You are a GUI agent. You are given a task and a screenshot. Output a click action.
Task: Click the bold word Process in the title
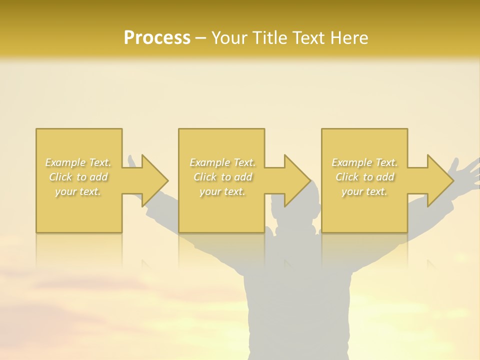[157, 37]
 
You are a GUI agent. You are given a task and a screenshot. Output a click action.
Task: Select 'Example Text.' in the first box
[78, 162]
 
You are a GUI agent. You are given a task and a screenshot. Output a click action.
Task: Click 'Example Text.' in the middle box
[222, 162]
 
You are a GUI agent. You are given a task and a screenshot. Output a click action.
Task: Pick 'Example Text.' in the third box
[364, 162]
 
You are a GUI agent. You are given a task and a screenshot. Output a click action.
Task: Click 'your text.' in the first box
[78, 191]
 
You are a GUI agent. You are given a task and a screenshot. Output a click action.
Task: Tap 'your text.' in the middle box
[222, 191]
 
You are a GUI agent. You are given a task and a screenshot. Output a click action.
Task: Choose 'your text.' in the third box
[364, 191]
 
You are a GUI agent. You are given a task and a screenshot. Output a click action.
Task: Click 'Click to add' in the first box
[78, 177]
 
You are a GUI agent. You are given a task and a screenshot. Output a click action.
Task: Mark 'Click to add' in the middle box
[222, 177]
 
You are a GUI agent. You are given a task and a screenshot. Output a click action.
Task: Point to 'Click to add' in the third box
[364, 177]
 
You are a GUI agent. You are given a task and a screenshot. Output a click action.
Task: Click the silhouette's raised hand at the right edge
[465, 172]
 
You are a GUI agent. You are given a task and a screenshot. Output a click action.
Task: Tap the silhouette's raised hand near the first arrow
[132, 162]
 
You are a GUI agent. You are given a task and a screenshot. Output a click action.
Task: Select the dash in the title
[201, 38]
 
